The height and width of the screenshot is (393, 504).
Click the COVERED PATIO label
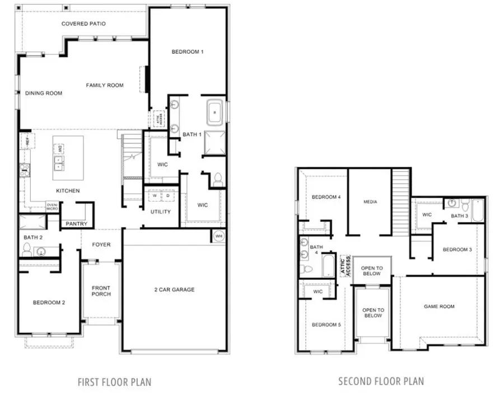83,24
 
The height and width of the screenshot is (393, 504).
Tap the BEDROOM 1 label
187,52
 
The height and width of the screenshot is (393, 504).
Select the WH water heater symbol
218,236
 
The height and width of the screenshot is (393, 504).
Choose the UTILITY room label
160,212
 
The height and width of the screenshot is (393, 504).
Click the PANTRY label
76,223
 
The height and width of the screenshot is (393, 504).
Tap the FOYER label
101,245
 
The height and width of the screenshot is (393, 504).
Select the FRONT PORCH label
101,291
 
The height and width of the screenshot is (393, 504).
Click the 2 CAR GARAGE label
175,289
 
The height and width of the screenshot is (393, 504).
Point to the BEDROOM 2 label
49,303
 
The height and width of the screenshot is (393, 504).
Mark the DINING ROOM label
44,93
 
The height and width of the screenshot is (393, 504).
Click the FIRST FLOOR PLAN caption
114,382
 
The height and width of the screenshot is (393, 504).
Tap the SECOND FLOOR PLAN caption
381,382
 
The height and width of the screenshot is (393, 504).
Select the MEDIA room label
370,202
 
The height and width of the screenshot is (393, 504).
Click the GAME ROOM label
439,307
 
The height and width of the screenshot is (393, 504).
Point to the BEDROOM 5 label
326,325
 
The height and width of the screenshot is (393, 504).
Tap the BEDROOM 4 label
326,197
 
